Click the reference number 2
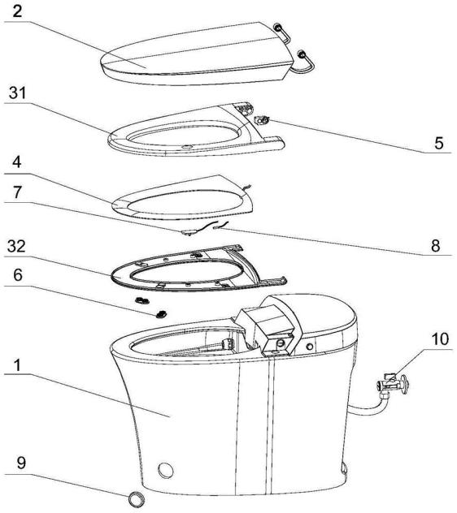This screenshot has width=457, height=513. tap(17, 12)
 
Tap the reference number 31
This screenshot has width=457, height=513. tap(17, 93)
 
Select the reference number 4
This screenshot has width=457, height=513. tap(17, 162)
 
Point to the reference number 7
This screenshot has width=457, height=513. tap(17, 192)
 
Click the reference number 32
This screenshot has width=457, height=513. tap(16, 246)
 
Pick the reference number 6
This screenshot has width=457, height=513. tap(18, 275)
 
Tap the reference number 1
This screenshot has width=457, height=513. tap(17, 365)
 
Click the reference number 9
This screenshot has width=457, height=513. tap(21, 463)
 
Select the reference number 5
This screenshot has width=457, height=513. tap(438, 144)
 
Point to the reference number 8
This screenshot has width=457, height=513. tap(435, 246)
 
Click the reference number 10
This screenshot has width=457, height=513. tap(440, 339)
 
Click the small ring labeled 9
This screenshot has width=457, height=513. tap(137, 499)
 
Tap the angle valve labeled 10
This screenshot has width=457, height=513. tap(393, 384)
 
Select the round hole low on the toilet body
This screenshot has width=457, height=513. tap(166, 470)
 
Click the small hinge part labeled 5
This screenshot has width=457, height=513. tap(262, 120)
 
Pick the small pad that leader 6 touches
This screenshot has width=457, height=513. tap(161, 314)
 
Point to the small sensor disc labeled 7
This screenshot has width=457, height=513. tap(189, 233)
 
